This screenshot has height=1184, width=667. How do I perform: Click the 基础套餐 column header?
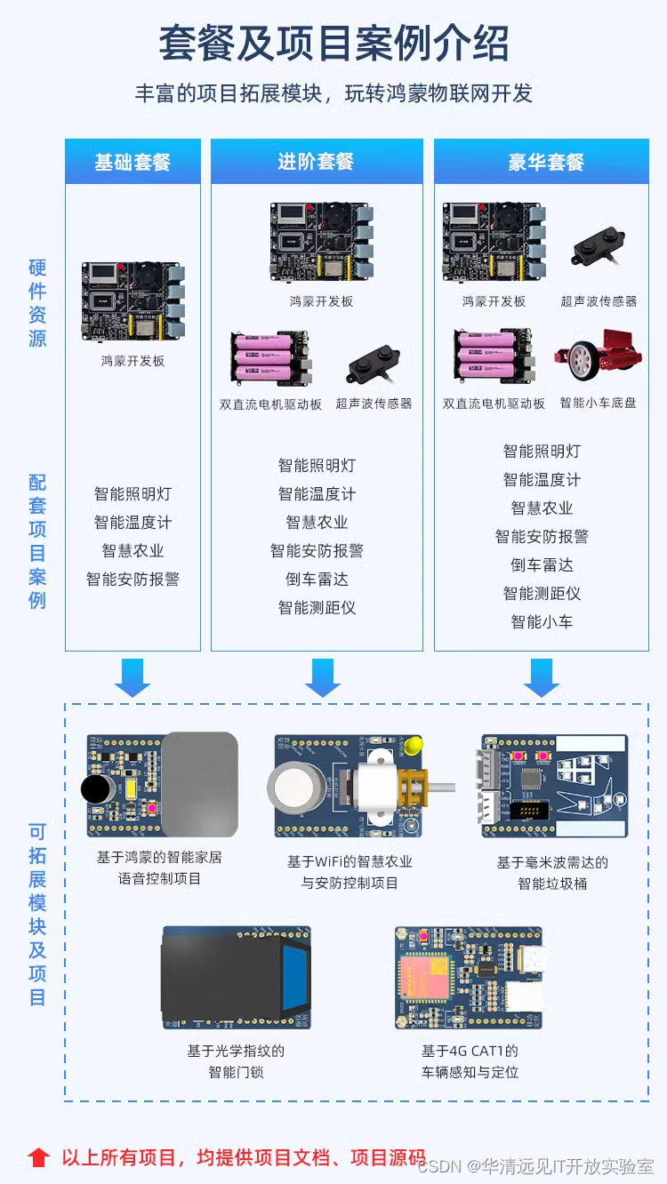click(133, 163)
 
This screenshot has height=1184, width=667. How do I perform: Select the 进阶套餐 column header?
click(316, 162)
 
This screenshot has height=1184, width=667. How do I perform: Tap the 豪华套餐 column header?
click(546, 163)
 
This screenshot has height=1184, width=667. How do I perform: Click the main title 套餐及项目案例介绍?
click(333, 44)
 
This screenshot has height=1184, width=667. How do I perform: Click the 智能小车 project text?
click(542, 622)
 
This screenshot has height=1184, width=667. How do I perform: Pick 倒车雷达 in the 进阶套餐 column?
click(317, 580)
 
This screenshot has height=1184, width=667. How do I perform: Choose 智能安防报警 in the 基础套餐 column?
click(133, 580)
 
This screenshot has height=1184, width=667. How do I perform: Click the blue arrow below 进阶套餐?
click(322, 677)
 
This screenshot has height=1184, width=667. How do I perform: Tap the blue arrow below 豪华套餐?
click(542, 677)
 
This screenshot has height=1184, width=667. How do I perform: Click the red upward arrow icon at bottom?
click(38, 1157)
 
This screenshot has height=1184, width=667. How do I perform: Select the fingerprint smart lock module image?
click(237, 978)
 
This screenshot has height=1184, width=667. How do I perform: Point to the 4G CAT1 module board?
click(468, 978)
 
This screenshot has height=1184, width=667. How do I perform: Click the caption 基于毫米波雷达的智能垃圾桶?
click(552, 873)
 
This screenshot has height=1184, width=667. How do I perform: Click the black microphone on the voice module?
click(94, 788)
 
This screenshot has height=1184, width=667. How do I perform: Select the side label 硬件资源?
click(37, 303)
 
